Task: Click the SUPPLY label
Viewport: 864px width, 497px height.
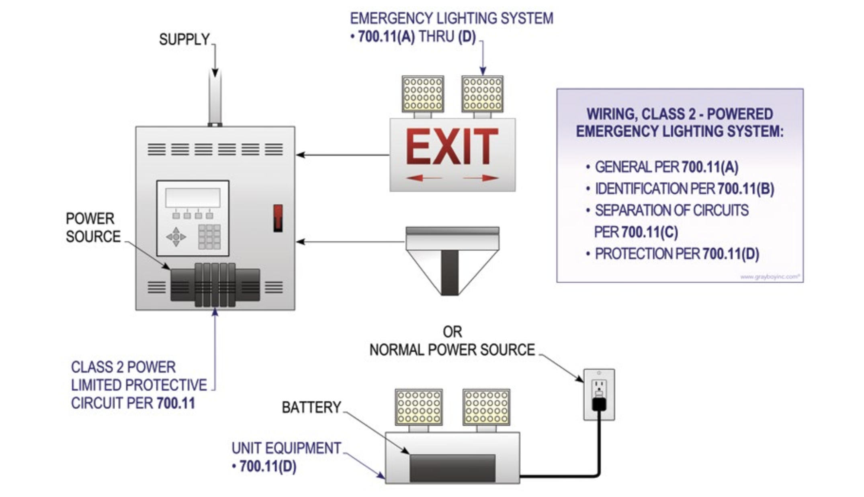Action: [184, 39]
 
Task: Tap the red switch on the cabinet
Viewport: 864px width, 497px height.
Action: [278, 218]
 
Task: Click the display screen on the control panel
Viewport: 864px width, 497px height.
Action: [193, 198]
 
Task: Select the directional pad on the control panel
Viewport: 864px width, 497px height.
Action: [176, 237]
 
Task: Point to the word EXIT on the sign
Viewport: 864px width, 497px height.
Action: [452, 147]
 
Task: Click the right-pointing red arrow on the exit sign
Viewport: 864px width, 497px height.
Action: [481, 178]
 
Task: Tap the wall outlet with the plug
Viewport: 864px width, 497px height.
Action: [599, 394]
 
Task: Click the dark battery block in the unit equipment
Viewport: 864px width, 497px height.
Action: [452, 468]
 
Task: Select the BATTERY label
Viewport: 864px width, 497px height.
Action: [311, 407]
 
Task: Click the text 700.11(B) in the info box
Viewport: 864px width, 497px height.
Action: [746, 189]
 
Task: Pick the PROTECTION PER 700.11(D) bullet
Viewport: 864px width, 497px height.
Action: [677, 254]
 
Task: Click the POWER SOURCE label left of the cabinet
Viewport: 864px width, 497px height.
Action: [93, 228]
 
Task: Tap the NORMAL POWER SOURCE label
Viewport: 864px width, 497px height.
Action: [452, 350]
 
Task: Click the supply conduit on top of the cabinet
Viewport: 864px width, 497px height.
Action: [215, 98]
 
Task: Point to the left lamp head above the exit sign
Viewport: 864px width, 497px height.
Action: [423, 94]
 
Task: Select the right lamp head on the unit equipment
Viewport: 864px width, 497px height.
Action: [486, 407]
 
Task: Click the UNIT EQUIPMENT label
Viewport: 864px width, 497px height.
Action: [286, 448]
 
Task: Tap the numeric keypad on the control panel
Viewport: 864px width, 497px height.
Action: [209, 236]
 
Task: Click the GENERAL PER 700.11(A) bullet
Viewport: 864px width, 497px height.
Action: [666, 167]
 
